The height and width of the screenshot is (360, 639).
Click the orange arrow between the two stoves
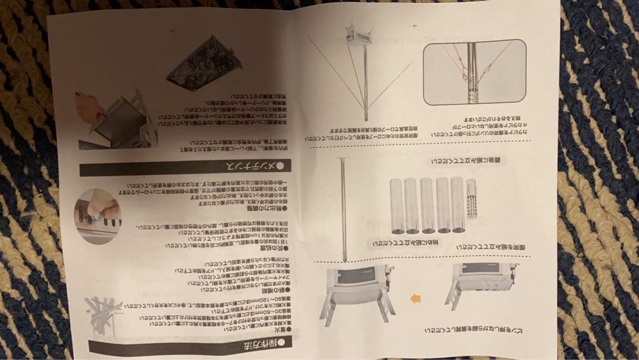click(x=415, y=298)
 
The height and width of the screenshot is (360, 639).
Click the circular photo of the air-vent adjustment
click(x=98, y=214)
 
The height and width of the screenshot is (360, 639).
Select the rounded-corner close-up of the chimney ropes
click(x=474, y=72)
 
